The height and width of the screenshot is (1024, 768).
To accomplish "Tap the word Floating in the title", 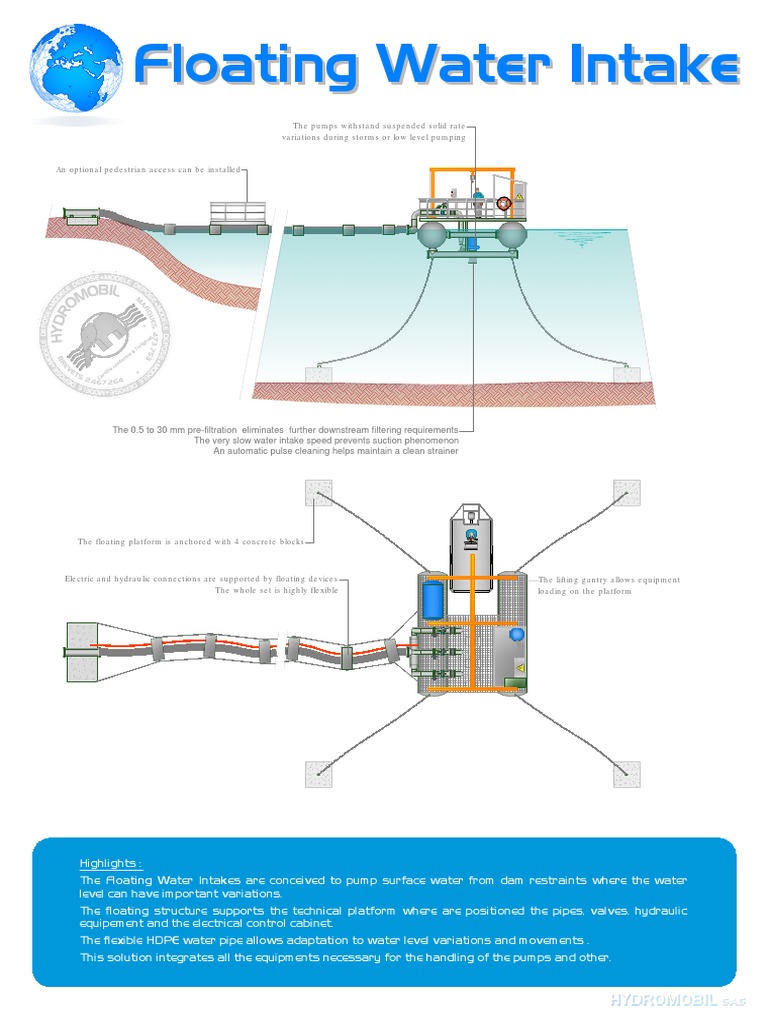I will click(x=246, y=66).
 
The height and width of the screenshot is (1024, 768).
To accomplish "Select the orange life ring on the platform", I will click(x=504, y=203).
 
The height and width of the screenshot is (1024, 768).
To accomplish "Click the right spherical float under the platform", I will click(x=511, y=235).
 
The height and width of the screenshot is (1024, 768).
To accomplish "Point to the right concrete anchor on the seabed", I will click(x=627, y=374).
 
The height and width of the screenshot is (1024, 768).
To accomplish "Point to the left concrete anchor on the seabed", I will click(x=318, y=374).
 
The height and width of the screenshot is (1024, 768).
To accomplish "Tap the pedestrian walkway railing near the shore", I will click(x=238, y=212).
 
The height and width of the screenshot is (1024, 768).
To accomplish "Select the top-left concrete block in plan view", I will click(x=318, y=492).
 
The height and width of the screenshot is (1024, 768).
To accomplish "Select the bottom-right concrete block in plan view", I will click(x=627, y=773).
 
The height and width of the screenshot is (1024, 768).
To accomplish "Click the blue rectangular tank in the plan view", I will click(x=433, y=601).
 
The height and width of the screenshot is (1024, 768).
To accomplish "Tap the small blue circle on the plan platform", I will click(x=517, y=634).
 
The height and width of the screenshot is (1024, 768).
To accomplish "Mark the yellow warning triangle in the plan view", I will click(x=519, y=667).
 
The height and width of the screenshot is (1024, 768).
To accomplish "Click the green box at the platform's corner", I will click(x=515, y=684).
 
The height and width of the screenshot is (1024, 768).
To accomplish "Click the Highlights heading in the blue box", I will click(x=111, y=863).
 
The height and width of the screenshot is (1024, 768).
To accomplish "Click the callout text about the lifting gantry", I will click(x=609, y=585).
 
